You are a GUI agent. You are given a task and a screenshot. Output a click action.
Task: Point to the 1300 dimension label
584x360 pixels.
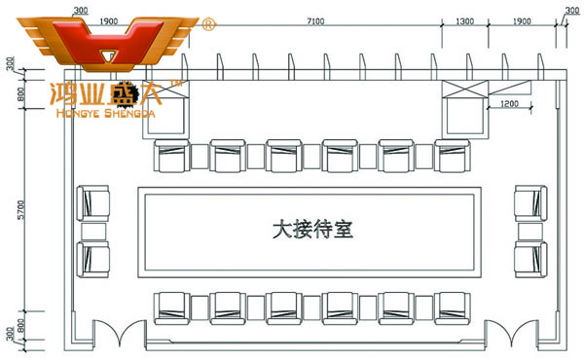pos(465,20)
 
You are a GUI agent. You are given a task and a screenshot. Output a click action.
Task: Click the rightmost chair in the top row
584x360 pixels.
pos(453,155)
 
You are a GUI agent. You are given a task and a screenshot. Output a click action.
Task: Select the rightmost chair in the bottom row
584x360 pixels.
pos(453,307)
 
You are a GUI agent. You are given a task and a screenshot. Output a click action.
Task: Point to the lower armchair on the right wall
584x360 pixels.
pos(530,259)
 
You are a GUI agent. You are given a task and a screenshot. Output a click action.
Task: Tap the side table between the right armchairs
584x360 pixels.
pos(530,232)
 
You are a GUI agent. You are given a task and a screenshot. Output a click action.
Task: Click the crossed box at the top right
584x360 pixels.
pos(464,93)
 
